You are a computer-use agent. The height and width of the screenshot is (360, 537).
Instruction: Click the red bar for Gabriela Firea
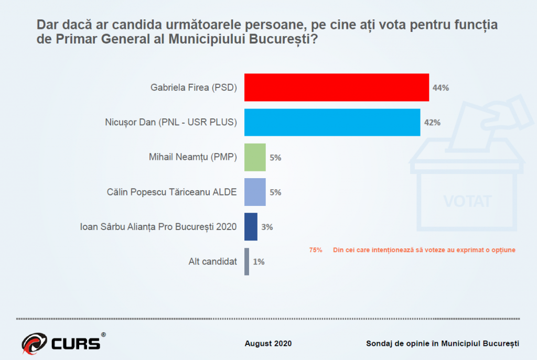pos(337,88)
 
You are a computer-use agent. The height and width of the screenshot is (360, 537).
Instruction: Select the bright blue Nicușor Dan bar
pos(332,122)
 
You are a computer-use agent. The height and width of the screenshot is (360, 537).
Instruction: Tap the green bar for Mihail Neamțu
pos(255,157)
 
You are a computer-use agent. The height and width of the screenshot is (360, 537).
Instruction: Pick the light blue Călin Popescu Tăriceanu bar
pos(255,192)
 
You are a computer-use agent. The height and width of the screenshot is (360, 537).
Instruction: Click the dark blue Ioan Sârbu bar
pos(251,227)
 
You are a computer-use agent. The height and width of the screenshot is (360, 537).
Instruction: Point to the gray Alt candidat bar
pos(246,261)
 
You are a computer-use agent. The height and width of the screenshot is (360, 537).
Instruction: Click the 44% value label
pos(441,88)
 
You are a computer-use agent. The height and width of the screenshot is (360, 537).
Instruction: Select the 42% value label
pos(432,123)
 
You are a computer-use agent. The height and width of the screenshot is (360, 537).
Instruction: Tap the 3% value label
pos(267,227)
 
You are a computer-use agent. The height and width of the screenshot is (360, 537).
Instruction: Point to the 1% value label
pos(259,261)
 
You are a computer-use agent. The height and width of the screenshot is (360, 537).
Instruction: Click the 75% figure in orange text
pos(316,250)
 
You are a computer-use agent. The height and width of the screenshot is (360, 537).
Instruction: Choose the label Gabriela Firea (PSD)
pos(194,88)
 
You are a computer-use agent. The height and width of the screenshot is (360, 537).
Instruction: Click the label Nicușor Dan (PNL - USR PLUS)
pos(170,123)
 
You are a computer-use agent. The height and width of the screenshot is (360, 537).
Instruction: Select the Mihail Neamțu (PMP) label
pos(194,157)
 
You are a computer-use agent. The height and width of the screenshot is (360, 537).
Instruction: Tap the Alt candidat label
pos(212,261)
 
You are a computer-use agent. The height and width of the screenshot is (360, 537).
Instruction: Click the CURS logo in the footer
pos(63,343)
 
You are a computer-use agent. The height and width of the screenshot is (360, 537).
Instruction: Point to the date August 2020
pos(268,344)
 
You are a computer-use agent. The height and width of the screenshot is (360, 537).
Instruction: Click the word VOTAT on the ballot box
pos(467,201)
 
